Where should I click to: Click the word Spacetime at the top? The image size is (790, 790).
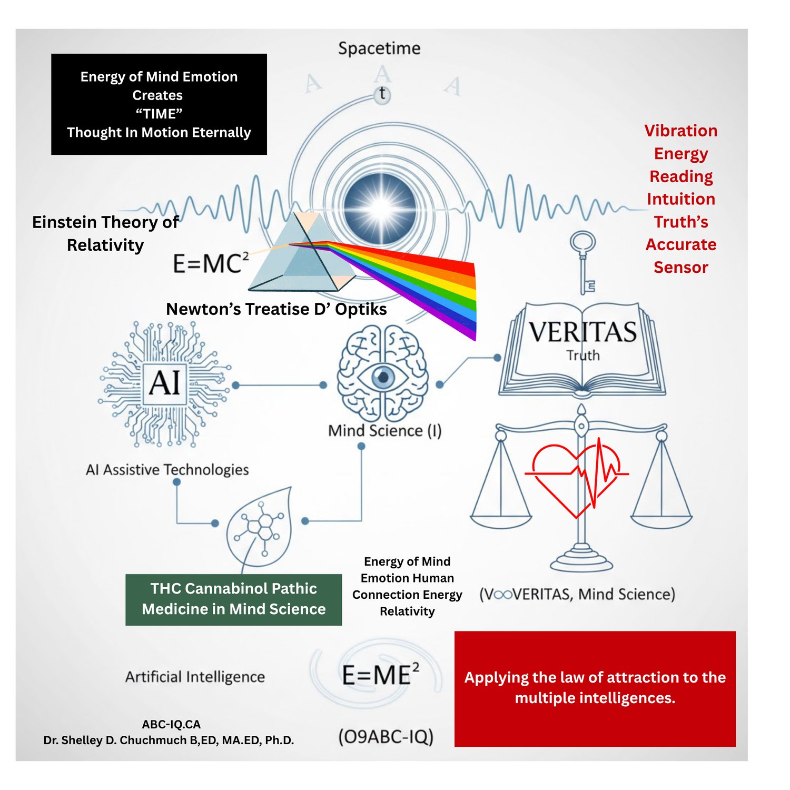click(x=379, y=48)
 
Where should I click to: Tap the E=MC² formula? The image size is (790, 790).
click(x=210, y=263)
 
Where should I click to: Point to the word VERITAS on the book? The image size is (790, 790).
click(x=582, y=332)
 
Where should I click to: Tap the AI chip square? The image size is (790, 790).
click(x=165, y=383)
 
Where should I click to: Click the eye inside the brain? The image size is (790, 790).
click(x=383, y=377)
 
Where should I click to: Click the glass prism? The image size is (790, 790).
click(x=300, y=255)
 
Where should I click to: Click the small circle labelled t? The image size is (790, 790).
click(x=382, y=95)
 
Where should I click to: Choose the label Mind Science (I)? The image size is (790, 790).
click(x=384, y=431)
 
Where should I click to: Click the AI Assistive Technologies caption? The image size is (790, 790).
click(x=167, y=469)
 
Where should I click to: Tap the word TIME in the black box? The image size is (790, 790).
click(x=159, y=114)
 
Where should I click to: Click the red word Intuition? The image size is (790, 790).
click(x=680, y=199)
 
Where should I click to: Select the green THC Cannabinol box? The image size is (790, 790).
click(x=233, y=599)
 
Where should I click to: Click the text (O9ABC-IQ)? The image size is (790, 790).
click(x=386, y=736)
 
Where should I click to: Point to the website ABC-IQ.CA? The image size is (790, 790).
click(x=171, y=724)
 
